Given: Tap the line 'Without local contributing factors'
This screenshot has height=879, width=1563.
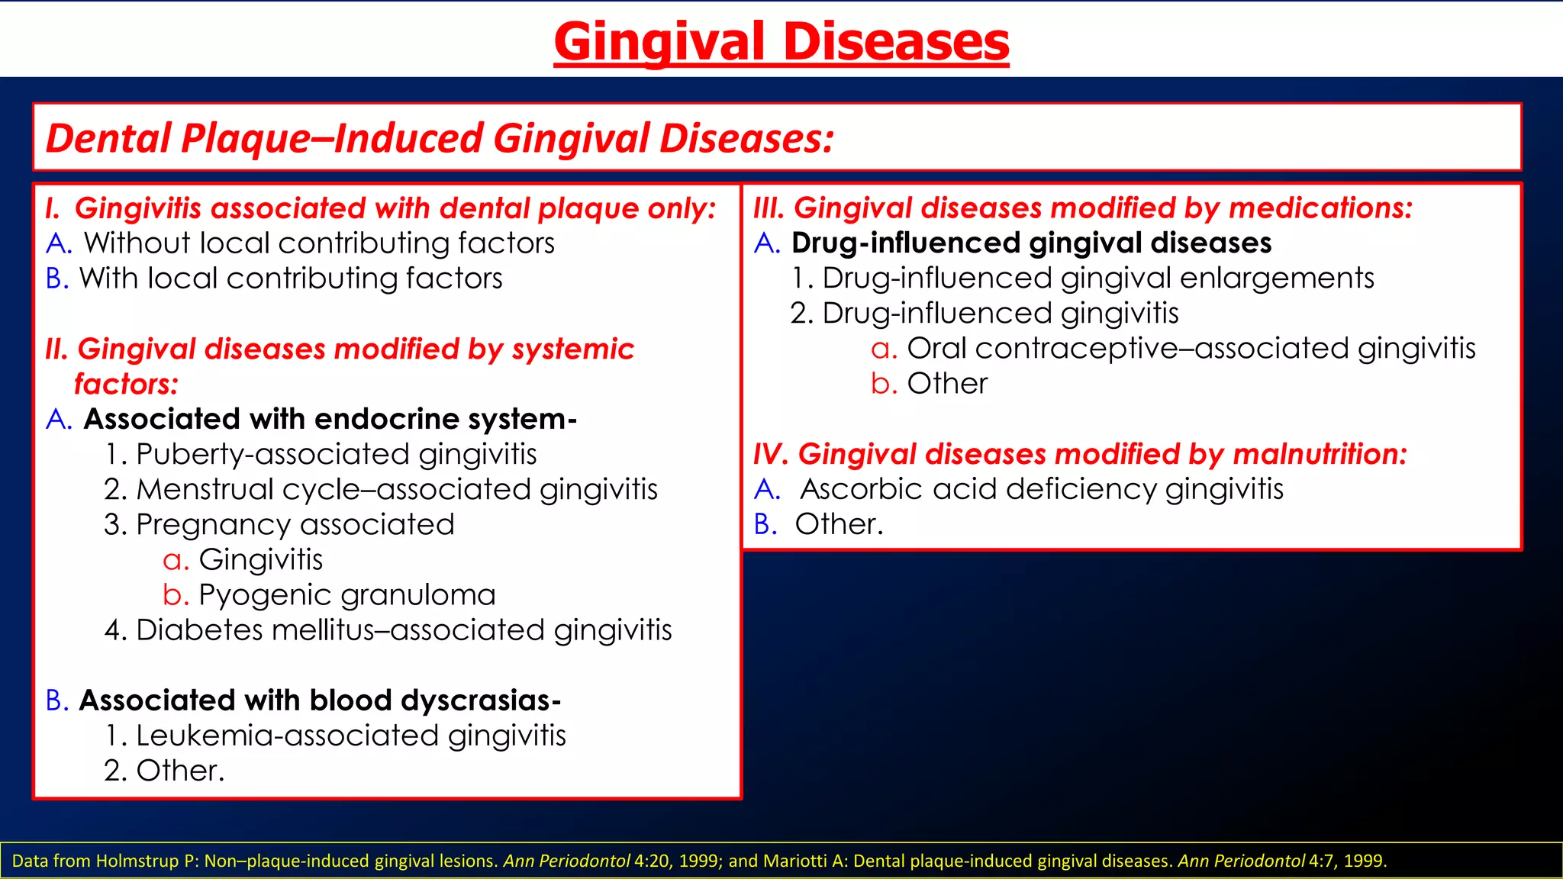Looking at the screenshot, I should pyautogui.click(x=319, y=243).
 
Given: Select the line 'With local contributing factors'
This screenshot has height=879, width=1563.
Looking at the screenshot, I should pyautogui.click(x=291, y=279).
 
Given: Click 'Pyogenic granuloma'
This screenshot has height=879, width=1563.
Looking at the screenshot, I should pyautogui.click(x=346, y=595).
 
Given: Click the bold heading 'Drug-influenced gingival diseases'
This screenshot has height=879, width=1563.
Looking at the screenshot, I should pyautogui.click(x=1031, y=243).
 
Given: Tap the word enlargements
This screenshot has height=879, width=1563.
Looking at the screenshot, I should pyautogui.click(x=1276, y=279).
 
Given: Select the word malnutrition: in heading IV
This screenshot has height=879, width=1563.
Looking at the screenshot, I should pyautogui.click(x=1320, y=455).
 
